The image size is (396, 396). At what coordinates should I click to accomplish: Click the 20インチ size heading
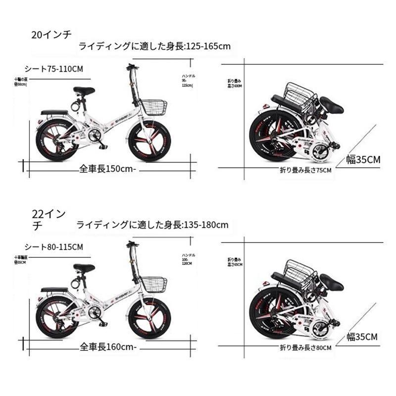[51, 35]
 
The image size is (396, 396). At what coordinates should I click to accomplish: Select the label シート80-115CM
[54, 247]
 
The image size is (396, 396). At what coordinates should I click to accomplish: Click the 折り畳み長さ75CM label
[305, 170]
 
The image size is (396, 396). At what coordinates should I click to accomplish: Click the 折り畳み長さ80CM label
[306, 348]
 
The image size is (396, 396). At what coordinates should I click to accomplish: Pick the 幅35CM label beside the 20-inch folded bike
[363, 159]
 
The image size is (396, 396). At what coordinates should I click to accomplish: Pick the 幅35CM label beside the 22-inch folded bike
[362, 337]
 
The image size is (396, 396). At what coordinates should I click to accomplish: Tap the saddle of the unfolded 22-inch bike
[84, 268]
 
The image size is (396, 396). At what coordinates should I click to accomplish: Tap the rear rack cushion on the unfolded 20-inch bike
[54, 112]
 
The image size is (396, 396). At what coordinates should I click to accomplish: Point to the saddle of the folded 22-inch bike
[331, 283]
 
